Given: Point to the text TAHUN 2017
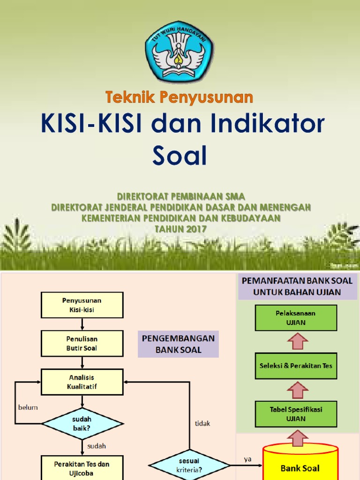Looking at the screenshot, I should coord(180,229).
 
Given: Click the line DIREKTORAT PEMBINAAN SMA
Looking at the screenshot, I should coord(180,196).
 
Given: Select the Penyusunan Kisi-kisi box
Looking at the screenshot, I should coord(82,305).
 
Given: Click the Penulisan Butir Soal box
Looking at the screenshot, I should coord(82,343).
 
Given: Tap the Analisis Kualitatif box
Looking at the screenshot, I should coord(82,382).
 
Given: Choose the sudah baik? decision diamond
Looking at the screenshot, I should coord(82,423).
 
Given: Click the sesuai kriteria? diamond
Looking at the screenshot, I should coord(189,465).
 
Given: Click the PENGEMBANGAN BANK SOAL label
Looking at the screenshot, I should coord(178,344).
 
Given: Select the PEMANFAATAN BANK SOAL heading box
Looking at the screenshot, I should coord(297,286).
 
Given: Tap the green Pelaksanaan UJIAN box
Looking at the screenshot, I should coord(296,317).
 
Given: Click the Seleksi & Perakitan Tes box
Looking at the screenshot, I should coord(296,365).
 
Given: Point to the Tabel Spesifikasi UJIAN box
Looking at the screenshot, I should coord(296,413).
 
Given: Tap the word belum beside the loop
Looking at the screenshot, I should coord(28,407).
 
